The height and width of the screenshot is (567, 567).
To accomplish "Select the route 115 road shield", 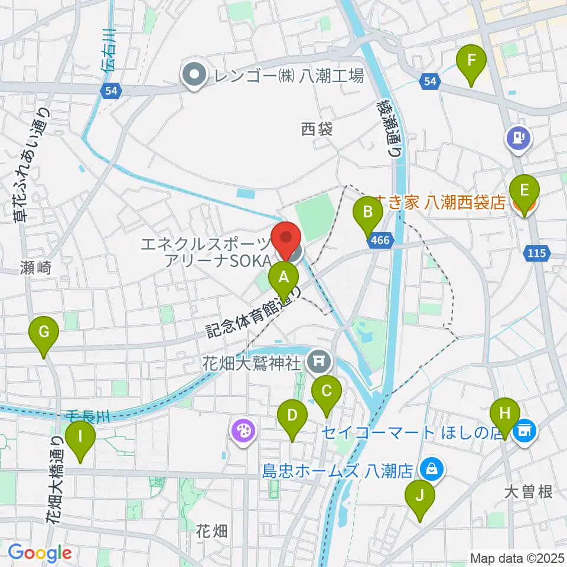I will click(535, 253).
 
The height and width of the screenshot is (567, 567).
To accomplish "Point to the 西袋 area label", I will click(317, 129).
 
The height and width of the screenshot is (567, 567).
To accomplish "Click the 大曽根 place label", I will click(529, 491).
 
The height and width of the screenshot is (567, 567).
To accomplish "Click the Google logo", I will click(40, 553).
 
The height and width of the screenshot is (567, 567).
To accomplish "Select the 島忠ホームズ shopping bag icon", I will click(432, 470).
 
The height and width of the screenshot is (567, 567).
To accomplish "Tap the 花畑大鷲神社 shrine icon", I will click(320, 359).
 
